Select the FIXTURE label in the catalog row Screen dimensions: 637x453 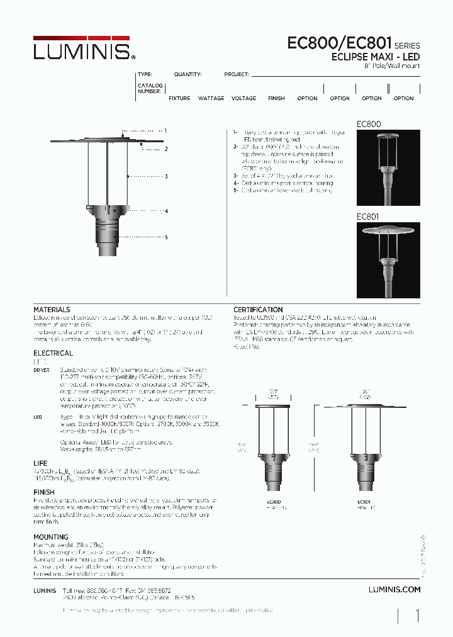[x=179, y=98]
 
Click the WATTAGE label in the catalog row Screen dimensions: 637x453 [x=211, y=98]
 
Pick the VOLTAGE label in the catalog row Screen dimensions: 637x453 [x=243, y=98]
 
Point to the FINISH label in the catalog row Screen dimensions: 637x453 [x=276, y=98]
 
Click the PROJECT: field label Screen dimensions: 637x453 [x=237, y=74]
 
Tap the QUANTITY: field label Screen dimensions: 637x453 [x=187, y=74]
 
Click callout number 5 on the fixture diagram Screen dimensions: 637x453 [x=166, y=237]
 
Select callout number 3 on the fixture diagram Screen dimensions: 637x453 [x=166, y=177]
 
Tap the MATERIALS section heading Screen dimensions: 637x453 [x=52, y=310]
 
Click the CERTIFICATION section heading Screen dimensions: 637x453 [x=258, y=310]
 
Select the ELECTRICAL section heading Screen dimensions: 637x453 [x=53, y=354]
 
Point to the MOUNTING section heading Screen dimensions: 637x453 [x=51, y=537]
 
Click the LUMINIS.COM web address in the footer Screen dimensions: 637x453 [x=394, y=590]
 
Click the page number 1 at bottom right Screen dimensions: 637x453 [x=417, y=616]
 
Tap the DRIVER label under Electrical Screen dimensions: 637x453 [x=42, y=371]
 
